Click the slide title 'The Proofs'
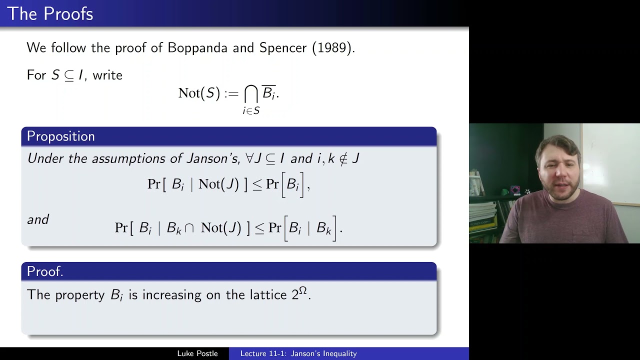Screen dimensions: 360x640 pyautogui.click(x=50, y=14)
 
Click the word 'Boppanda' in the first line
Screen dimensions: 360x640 pyautogui.click(x=197, y=48)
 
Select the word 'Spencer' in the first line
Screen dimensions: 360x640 pyautogui.click(x=282, y=48)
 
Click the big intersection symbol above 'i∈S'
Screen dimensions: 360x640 pyautogui.click(x=251, y=93)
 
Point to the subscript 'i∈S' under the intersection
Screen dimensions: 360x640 pyautogui.click(x=251, y=110)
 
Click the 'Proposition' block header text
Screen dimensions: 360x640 pyautogui.click(x=60, y=136)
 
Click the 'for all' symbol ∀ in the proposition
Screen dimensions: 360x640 pyautogui.click(x=249, y=158)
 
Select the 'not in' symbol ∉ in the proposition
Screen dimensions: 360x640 pyautogui.click(x=343, y=159)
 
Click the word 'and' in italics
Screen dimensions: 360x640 pyautogui.click(x=38, y=219)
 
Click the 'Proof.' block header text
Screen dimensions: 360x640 pyautogui.click(x=45, y=271)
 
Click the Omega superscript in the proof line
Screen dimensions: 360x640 pyautogui.click(x=302, y=290)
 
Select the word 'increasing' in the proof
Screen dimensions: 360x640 pyautogui.click(x=172, y=295)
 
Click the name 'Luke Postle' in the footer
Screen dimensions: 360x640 pyautogui.click(x=197, y=353)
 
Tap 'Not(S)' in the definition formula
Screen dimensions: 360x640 pyautogui.click(x=199, y=93)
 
